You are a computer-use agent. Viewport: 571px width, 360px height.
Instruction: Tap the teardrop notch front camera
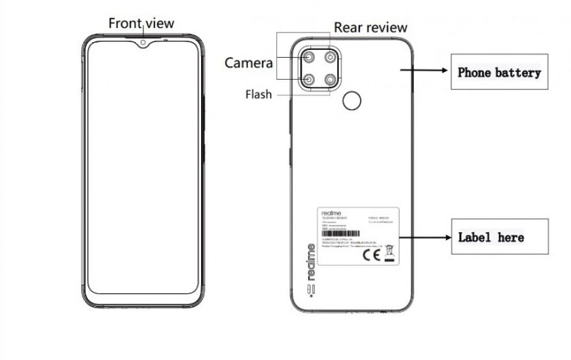(x=142, y=44)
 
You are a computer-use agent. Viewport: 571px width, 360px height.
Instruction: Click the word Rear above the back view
(x=348, y=27)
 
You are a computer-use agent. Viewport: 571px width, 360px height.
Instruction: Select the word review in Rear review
(x=387, y=27)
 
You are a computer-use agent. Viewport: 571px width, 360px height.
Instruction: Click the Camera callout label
(x=249, y=63)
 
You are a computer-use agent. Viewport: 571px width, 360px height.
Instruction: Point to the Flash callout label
(x=258, y=94)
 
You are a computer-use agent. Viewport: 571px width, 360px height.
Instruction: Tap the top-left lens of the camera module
(x=308, y=57)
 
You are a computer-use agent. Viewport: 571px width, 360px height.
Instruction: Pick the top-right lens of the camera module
(x=331, y=57)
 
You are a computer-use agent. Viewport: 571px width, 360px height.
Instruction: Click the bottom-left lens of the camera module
(x=308, y=80)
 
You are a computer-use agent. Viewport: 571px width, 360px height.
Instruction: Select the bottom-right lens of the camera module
(x=331, y=80)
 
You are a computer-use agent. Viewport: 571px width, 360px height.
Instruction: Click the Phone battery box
(x=499, y=72)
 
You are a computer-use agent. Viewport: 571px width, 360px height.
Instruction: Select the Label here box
(x=499, y=237)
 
